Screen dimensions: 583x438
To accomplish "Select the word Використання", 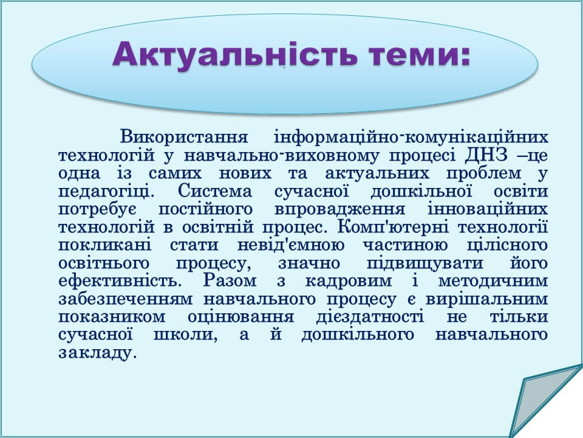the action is [x=184, y=137].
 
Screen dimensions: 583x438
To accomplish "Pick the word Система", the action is [x=215, y=192].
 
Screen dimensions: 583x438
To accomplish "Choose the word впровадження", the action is [x=340, y=210].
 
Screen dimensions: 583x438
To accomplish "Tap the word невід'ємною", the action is [x=291, y=245].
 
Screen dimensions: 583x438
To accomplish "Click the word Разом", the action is [x=230, y=281].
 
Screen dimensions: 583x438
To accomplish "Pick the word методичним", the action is [x=493, y=281].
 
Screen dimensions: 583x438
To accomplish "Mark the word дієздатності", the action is [x=370, y=317].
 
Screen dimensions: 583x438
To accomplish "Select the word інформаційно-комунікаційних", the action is [x=411, y=137].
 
